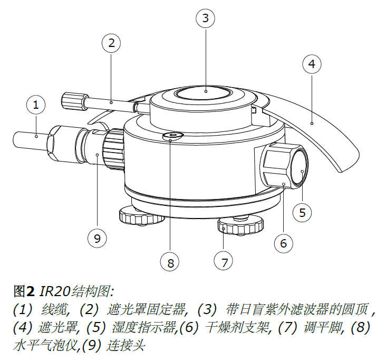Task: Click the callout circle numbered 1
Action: [x=36, y=105]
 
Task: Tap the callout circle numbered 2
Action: [x=111, y=43]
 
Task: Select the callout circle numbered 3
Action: [x=205, y=18]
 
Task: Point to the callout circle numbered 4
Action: [x=312, y=64]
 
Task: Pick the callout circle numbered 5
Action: [x=302, y=213]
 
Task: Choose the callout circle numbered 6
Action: [x=283, y=243]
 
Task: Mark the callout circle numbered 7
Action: [x=224, y=261]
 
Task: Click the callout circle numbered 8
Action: [x=170, y=261]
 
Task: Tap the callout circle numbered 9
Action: [x=96, y=238]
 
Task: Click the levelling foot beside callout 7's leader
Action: [x=239, y=225]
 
